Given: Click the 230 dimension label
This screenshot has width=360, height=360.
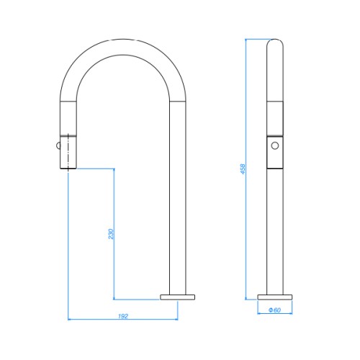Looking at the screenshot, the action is [x=111, y=234].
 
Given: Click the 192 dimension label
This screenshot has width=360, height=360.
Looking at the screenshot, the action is [x=123, y=316].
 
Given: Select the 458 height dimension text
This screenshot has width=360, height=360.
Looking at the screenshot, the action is [x=243, y=169].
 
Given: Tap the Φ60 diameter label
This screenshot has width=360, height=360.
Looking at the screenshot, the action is [x=274, y=310].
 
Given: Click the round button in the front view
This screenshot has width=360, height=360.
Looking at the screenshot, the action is [x=275, y=145].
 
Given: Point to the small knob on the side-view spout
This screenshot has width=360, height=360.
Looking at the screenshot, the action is [x=58, y=145].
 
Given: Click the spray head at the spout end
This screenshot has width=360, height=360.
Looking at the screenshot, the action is [x=68, y=153].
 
